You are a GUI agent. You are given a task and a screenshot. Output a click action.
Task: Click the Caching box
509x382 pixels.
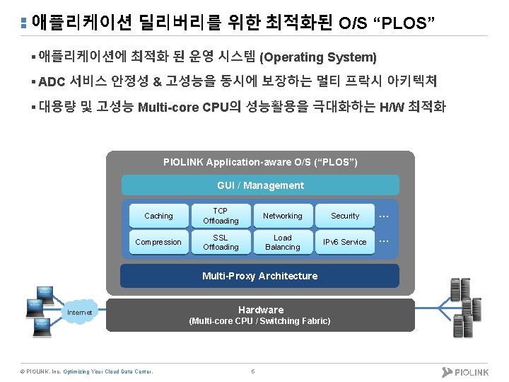coord(158,216)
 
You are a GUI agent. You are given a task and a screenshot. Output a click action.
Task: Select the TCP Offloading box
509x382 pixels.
coord(221,216)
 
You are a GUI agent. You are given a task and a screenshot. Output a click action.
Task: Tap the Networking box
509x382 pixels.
coord(282,216)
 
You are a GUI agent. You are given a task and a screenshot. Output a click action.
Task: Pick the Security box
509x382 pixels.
coord(345,216)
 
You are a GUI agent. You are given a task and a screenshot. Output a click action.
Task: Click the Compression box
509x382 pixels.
coord(158,242)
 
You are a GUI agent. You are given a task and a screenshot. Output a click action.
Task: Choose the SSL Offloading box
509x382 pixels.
coord(221,242)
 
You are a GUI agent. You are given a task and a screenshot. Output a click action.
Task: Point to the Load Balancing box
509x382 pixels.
coord(282,242)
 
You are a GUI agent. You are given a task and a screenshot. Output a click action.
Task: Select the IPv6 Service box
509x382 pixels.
coord(345,242)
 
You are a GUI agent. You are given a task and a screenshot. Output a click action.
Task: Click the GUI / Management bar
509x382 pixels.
coord(260,185)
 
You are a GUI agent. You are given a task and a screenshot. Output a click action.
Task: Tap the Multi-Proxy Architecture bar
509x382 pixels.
coord(260,276)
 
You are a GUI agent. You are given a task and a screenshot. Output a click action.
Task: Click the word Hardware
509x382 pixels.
coord(260,310)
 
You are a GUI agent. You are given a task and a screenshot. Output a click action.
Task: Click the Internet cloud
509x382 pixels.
coord(79,312)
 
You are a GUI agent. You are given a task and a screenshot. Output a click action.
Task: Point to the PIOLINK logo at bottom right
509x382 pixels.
coord(466,371)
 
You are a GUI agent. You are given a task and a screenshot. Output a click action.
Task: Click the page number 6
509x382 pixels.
coord(253,371)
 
